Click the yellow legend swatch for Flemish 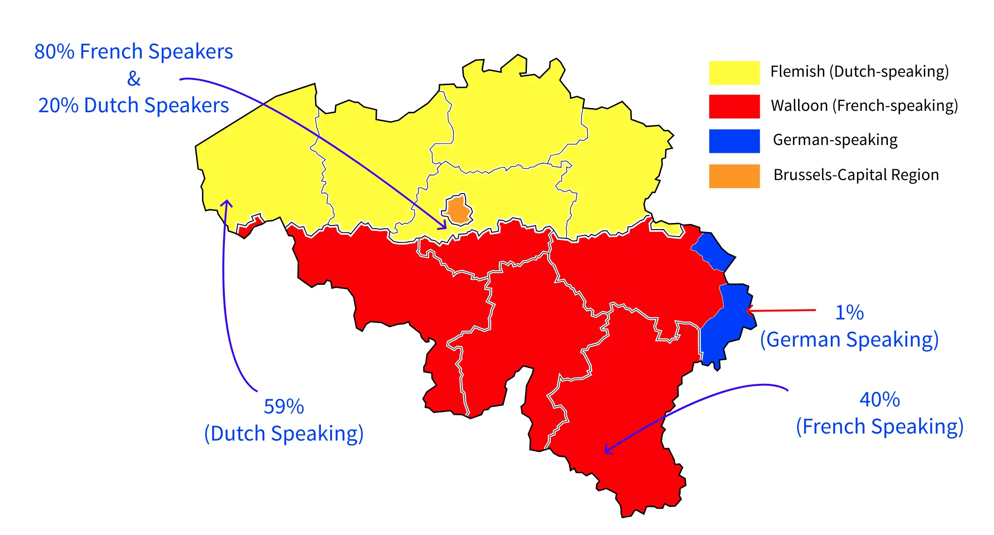734,72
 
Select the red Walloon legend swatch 734,106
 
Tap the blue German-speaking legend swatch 734,141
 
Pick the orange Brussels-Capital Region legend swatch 734,176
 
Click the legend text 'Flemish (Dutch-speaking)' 859,72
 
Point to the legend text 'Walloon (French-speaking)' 864,106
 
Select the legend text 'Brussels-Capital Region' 856,175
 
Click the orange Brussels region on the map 458,210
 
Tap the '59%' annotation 284,406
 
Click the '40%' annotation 879,400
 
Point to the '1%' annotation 849,312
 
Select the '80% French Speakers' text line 134,51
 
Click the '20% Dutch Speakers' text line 134,105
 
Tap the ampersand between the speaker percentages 134,79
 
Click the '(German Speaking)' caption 849,340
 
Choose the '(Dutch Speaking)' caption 284,434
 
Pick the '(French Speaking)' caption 879,427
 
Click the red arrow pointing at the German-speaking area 781,310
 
